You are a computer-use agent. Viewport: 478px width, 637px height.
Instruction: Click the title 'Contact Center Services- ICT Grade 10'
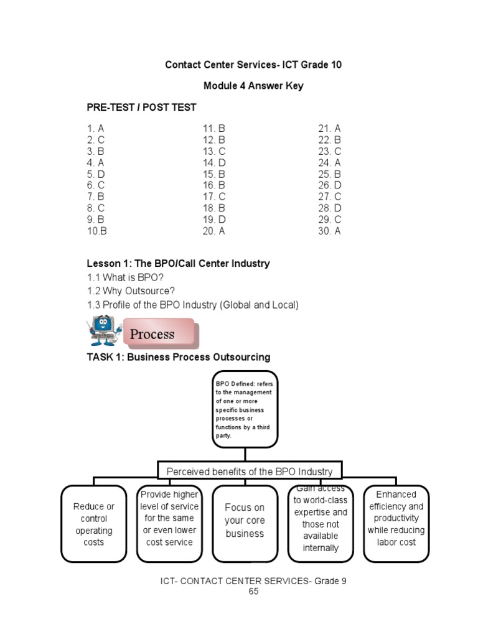(253, 65)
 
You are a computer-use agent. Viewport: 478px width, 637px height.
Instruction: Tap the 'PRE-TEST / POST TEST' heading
(141, 107)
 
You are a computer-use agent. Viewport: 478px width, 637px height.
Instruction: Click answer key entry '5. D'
(96, 174)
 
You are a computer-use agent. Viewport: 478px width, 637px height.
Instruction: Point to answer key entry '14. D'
(213, 162)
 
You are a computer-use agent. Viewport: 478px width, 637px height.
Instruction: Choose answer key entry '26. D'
(330, 185)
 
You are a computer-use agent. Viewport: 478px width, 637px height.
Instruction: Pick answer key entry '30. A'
(330, 231)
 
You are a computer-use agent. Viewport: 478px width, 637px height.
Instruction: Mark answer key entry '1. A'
(96, 129)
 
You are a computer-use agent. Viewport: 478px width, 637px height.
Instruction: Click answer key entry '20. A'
(213, 231)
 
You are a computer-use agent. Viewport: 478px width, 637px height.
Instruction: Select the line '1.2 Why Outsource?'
(131, 291)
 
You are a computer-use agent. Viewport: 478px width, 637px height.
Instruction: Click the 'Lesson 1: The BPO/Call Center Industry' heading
(178, 263)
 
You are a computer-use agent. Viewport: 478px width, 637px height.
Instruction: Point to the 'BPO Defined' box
(245, 409)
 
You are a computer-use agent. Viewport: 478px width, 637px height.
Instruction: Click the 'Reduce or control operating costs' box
(94, 524)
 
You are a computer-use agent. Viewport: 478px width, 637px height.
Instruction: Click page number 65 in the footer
(253, 592)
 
